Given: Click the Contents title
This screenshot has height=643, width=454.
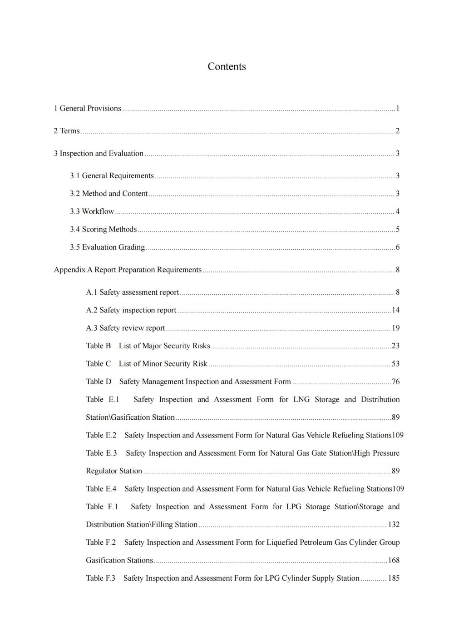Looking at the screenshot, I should coord(227,66).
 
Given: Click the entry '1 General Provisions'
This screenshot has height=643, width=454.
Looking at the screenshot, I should coord(88,108).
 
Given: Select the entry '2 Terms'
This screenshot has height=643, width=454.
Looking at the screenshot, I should coord(67,131).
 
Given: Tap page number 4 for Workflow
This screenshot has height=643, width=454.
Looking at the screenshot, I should coord(397,211).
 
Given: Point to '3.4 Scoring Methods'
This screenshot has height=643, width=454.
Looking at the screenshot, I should coord(103,229).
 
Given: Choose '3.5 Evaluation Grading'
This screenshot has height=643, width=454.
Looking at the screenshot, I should coord(107,247).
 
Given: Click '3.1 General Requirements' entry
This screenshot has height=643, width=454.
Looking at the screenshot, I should coord(112,176).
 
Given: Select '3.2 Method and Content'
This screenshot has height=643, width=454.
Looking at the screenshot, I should coord(109,194).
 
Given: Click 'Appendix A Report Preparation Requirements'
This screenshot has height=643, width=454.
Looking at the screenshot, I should coord(128,270).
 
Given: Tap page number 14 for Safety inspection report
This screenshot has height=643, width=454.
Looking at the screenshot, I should coord(395,310).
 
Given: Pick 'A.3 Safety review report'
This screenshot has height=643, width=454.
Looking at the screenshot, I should coord(125,328).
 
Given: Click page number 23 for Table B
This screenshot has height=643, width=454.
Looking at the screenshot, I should coord(395,346).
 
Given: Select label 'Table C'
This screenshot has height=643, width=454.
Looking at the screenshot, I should coord(99,364).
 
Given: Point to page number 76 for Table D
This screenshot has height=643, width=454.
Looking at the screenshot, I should coord(395,382).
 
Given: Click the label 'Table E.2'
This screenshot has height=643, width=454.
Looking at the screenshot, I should coord(101,435).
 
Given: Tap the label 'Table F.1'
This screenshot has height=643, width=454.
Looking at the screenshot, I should coord(102,507).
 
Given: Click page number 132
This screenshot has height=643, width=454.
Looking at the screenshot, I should coord(394,524).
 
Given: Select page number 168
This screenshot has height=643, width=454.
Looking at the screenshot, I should coord(394,560).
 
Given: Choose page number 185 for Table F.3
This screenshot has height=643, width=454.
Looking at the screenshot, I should coord(394,578).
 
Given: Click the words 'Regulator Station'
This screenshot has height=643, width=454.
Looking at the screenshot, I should coord(114,471).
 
